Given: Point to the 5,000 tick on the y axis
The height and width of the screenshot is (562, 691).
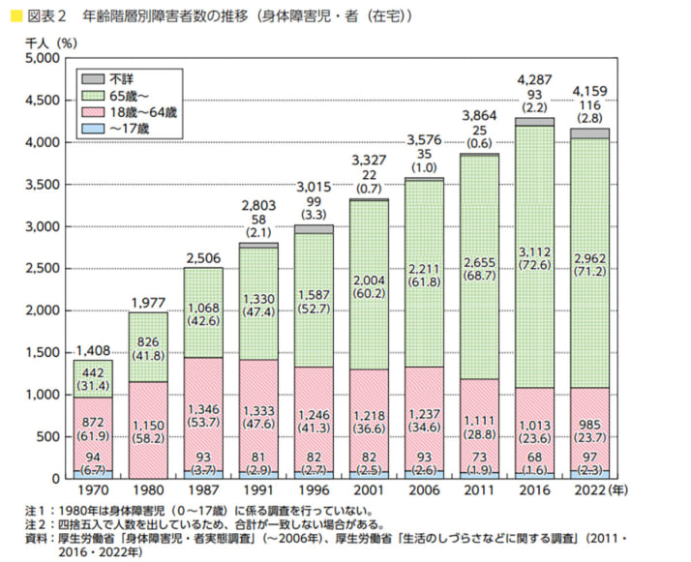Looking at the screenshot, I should click(x=42, y=59).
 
